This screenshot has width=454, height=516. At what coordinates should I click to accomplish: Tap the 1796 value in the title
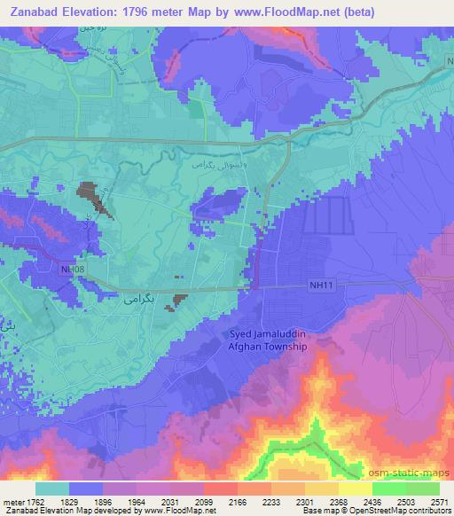140,12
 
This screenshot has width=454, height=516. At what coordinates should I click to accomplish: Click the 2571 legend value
437,501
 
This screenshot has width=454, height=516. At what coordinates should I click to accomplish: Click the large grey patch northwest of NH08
97,198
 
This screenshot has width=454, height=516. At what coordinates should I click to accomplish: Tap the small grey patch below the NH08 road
180,301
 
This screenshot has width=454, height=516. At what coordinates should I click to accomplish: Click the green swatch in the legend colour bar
405,489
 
